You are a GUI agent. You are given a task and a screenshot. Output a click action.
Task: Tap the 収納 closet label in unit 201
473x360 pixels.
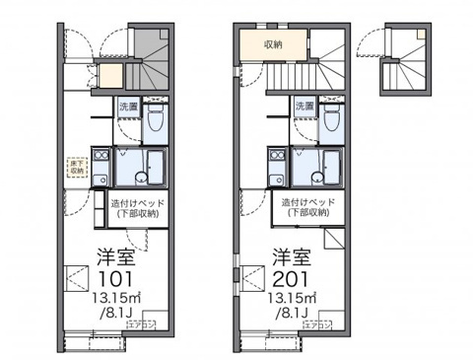[x=274, y=44]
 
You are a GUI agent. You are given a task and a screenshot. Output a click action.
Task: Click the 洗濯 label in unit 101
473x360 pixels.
[x=128, y=105]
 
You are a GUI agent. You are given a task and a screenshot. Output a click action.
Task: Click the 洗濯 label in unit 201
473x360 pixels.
[x=304, y=105]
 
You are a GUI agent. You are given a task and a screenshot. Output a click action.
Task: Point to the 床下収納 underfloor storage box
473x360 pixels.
[x=77, y=167]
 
